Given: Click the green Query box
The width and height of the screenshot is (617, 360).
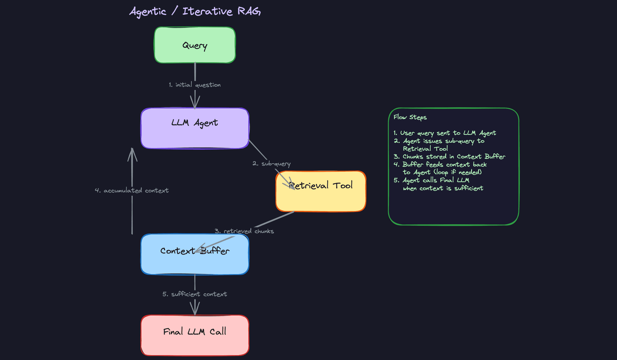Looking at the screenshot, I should click(x=195, y=45).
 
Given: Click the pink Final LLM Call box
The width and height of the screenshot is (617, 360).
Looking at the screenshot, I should click(x=195, y=341).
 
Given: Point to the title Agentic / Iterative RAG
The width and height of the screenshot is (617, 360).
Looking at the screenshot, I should click(x=195, y=12).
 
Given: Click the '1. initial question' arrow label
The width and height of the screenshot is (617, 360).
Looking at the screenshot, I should click(x=195, y=85).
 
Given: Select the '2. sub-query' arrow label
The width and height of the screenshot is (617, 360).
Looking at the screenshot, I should click(x=272, y=164).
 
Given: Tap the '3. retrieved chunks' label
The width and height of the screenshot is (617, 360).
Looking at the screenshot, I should click(x=244, y=231).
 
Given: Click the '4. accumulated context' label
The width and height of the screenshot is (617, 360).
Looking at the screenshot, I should click(x=132, y=191).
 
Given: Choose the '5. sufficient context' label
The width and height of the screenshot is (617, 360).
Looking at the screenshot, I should click(x=195, y=294).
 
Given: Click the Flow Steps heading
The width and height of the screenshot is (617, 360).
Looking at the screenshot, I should click(x=410, y=117).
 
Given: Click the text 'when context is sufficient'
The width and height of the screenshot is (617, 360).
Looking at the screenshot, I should click(x=443, y=188).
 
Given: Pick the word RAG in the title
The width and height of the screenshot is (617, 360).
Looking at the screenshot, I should click(x=249, y=12).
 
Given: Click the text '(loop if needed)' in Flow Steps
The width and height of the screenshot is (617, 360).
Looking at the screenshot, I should click(x=458, y=172).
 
